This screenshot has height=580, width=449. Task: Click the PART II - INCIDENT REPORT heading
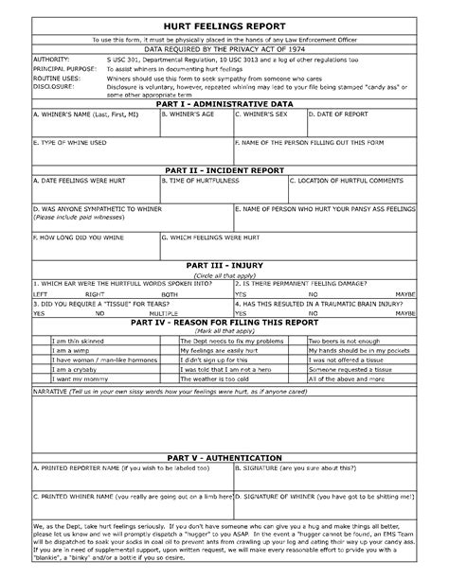click(225, 170)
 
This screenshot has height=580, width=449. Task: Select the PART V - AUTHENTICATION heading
click(225, 456)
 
